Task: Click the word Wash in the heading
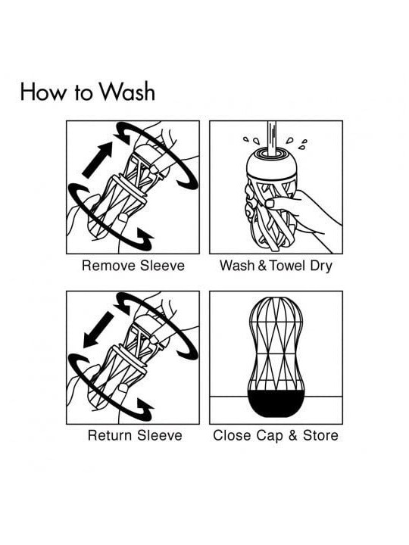[126, 92]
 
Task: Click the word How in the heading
[42, 92]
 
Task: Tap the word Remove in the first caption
[108, 266]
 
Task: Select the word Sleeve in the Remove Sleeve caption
[162, 266]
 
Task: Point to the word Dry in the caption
[321, 266]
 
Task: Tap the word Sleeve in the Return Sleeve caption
[160, 435]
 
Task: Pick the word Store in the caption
[320, 435]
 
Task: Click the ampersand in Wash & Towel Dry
[263, 266]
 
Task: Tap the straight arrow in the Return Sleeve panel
[98, 329]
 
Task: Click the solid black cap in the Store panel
[276, 403]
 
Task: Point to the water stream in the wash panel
[272, 139]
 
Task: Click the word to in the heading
[83, 92]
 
